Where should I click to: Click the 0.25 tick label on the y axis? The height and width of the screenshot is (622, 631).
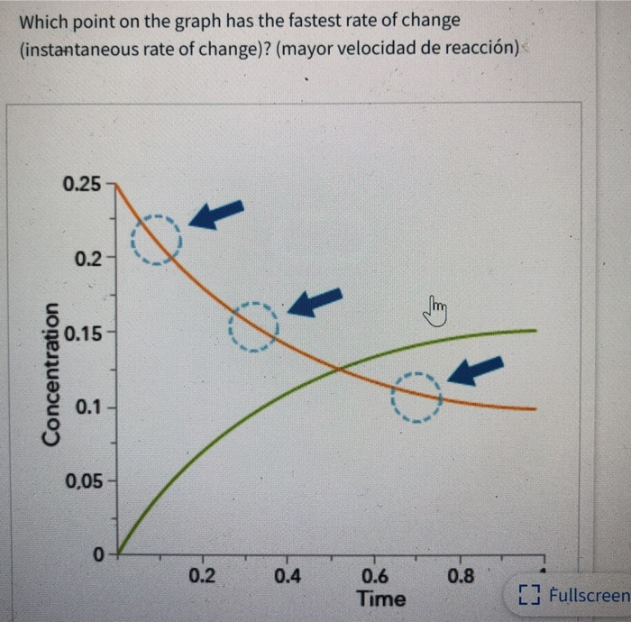(x=82, y=185)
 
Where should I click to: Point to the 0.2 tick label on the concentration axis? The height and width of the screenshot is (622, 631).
(x=88, y=261)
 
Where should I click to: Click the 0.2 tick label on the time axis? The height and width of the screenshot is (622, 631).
(x=202, y=576)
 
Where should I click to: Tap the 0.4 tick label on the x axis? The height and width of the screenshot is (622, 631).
(x=288, y=576)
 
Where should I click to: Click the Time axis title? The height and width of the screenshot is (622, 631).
(x=381, y=599)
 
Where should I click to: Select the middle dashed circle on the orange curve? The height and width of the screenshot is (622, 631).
(x=254, y=325)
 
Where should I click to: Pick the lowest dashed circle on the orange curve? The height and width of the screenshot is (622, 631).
(x=417, y=398)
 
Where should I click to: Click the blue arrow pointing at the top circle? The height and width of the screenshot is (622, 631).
(x=216, y=215)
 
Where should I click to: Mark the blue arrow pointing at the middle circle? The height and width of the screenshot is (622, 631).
(x=315, y=302)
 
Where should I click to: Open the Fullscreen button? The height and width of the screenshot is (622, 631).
(x=573, y=595)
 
